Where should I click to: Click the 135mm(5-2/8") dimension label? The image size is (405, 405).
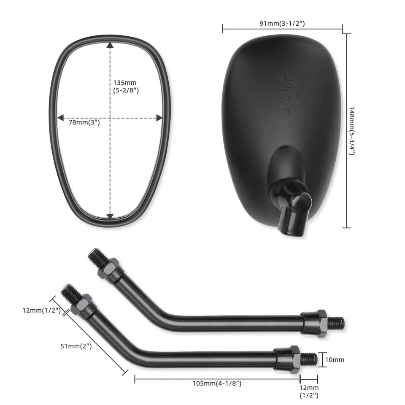(126, 86)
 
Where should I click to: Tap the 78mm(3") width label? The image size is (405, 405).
(84, 123)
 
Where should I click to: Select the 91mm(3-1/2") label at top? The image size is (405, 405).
(282, 24)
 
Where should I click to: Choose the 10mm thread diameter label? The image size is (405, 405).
(335, 359)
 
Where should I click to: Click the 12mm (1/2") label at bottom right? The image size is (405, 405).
(309, 391)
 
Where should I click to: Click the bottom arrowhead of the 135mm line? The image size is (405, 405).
(110, 217)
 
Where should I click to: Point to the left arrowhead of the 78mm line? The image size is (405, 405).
(60, 118)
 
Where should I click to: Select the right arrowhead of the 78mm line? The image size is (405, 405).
(159, 118)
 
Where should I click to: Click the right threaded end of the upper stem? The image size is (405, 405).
(336, 323)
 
